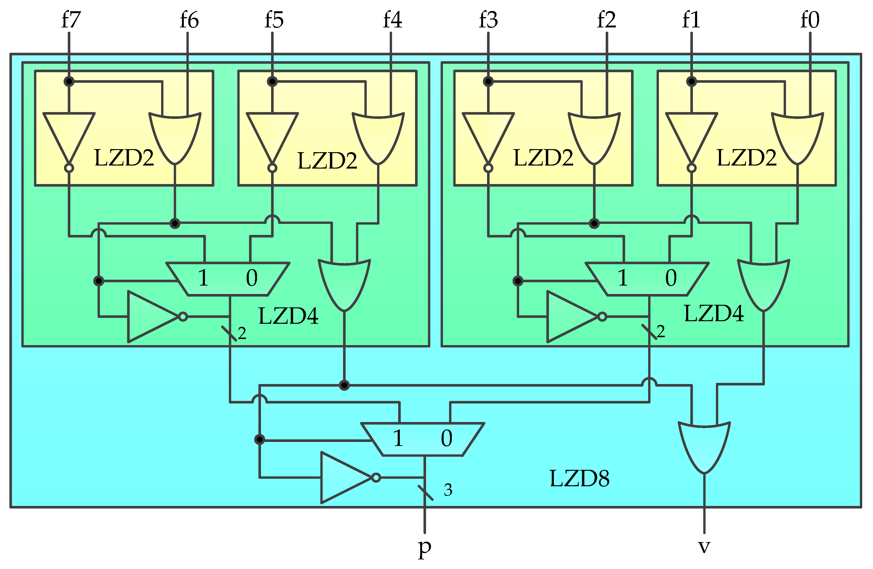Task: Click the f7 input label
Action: pos(71,20)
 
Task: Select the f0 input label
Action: pos(809,20)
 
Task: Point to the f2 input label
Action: pos(606,20)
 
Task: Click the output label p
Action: pos(424,548)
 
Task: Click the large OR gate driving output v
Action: pos(704,445)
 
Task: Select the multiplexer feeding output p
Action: pos(423,439)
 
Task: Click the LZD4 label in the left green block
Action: pos(288,316)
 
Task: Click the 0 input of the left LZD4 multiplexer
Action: pos(252,278)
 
